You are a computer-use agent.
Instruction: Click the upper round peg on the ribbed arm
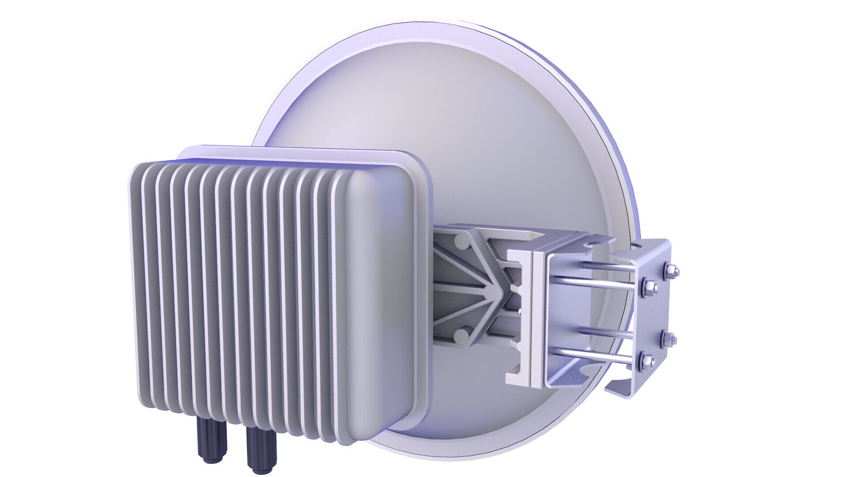[461, 242]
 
